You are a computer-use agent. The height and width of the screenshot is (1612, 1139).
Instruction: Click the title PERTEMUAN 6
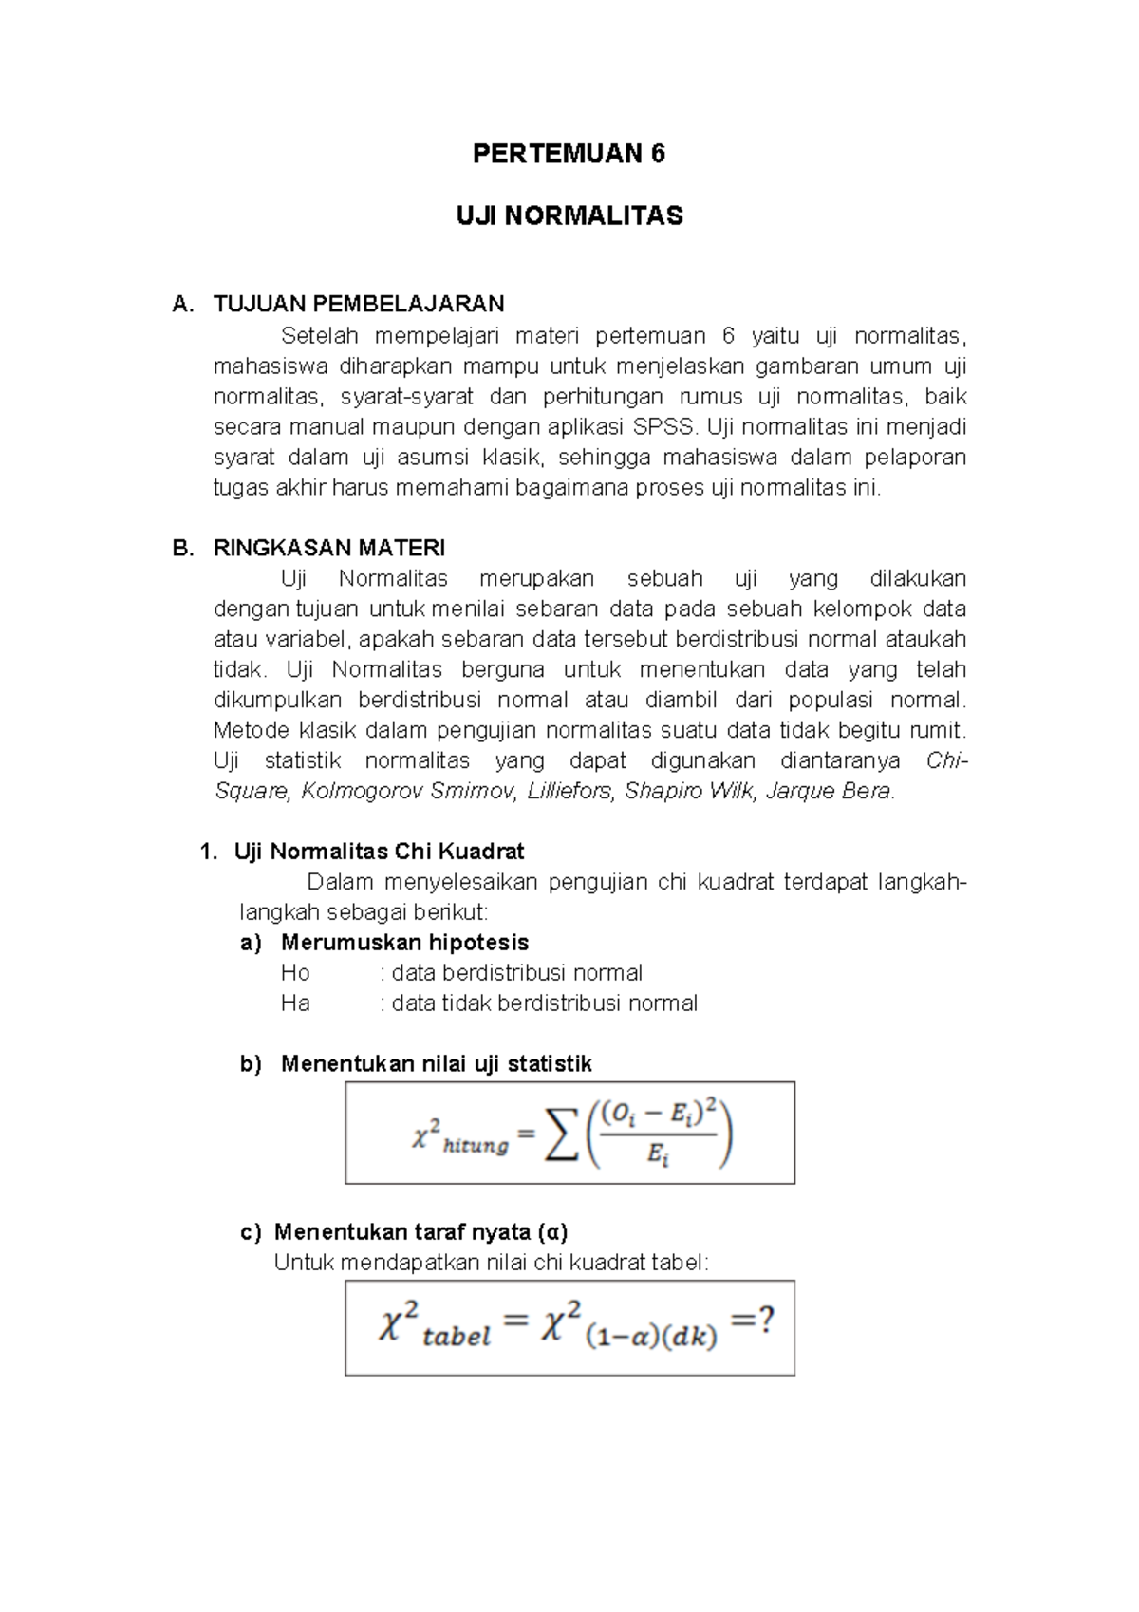point(569,154)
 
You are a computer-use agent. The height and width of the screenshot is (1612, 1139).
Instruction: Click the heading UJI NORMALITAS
point(569,216)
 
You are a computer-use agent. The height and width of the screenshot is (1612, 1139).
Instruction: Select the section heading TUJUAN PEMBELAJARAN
point(359,304)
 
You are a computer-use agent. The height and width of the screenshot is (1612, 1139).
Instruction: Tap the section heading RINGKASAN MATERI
point(328,548)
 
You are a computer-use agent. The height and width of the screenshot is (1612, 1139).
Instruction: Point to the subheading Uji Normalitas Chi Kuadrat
point(379,852)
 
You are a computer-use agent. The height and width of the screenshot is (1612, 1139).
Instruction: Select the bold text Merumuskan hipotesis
point(404,943)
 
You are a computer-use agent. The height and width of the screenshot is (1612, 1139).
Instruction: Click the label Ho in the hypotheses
point(295,973)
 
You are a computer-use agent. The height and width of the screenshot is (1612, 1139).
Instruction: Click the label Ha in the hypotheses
point(295,1003)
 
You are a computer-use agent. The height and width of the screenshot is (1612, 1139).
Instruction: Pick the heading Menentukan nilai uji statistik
point(436,1064)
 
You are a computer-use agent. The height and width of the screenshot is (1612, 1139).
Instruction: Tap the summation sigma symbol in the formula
point(561,1135)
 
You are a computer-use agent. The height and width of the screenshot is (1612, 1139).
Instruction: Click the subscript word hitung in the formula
point(476,1147)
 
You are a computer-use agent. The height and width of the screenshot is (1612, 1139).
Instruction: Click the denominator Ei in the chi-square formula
point(658,1155)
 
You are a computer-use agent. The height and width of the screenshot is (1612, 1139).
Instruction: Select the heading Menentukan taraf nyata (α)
point(420,1232)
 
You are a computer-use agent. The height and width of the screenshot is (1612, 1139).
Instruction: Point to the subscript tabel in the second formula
point(457,1338)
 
